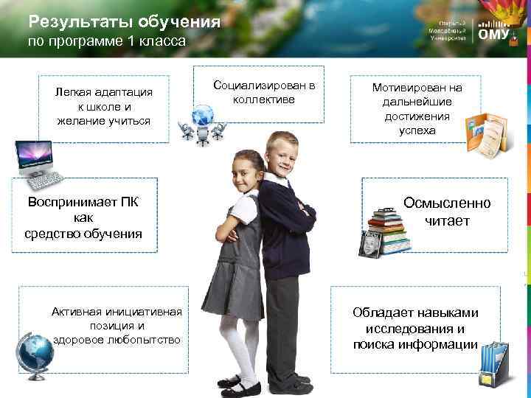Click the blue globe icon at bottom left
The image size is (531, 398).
coord(34,350)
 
